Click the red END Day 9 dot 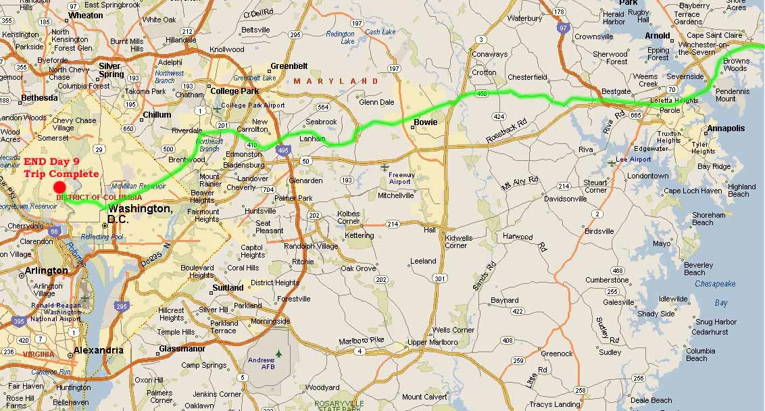pyautogui.click(x=59, y=187)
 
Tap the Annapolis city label pyautogui.click(x=726, y=128)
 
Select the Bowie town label pyautogui.click(x=425, y=122)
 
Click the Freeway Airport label pyautogui.click(x=402, y=178)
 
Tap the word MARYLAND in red pyautogui.click(x=335, y=81)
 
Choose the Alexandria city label pyautogui.click(x=99, y=350)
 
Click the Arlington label pyautogui.click(x=46, y=270)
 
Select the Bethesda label pyautogui.click(x=39, y=97)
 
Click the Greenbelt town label pyautogui.click(x=289, y=66)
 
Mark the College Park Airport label pyautogui.click(x=253, y=105)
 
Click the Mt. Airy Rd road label pyautogui.click(x=520, y=182)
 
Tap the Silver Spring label pyautogui.click(x=111, y=70)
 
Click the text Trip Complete pyautogui.click(x=61, y=174)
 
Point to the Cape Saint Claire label pyautogui.click(x=714, y=35)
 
